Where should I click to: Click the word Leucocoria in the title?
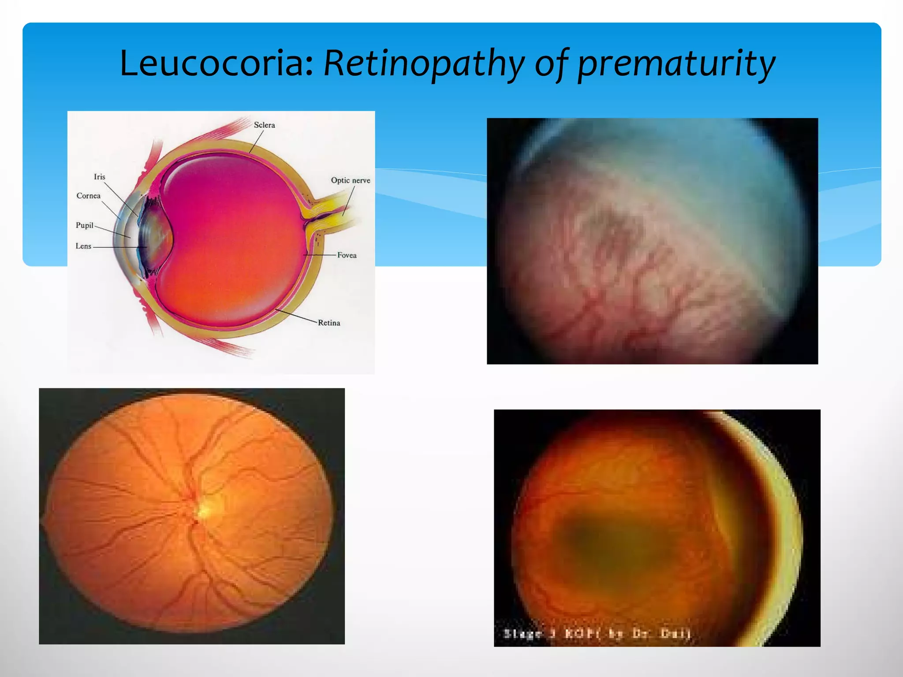[216, 63]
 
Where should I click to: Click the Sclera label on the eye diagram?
[264, 125]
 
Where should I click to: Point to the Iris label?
[99, 177]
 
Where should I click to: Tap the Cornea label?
[88, 196]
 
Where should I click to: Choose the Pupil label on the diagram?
[84, 225]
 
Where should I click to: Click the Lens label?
[83, 246]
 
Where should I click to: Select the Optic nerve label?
[351, 180]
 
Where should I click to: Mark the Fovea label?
[347, 255]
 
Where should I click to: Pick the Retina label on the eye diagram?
[329, 323]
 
